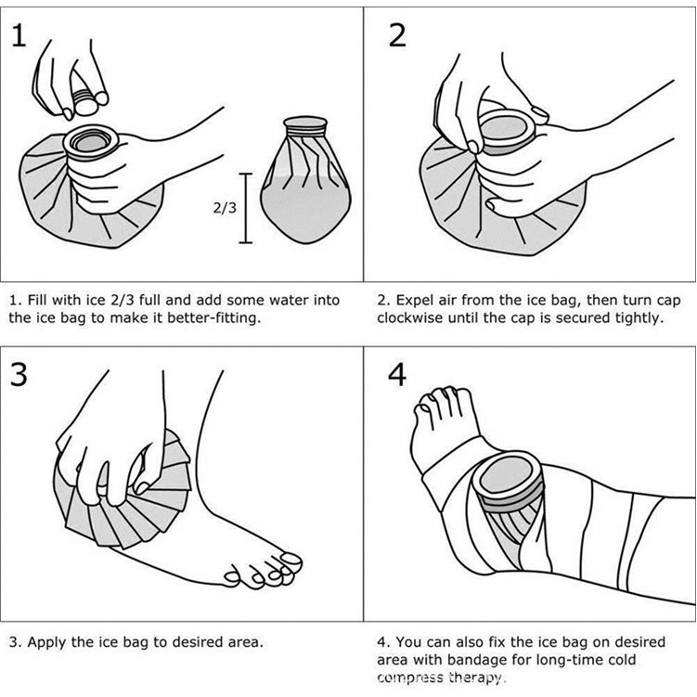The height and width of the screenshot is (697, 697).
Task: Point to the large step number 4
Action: pyautogui.click(x=397, y=376)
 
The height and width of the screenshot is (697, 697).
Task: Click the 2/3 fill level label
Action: pyautogui.click(x=224, y=208)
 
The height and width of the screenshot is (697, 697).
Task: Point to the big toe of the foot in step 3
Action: pyautogui.click(x=288, y=562)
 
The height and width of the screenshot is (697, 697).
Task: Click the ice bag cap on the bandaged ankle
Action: pyautogui.click(x=507, y=482)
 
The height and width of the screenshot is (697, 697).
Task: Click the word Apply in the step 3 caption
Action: pyautogui.click(x=45, y=641)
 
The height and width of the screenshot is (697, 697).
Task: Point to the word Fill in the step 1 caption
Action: pyautogui.click(x=36, y=300)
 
